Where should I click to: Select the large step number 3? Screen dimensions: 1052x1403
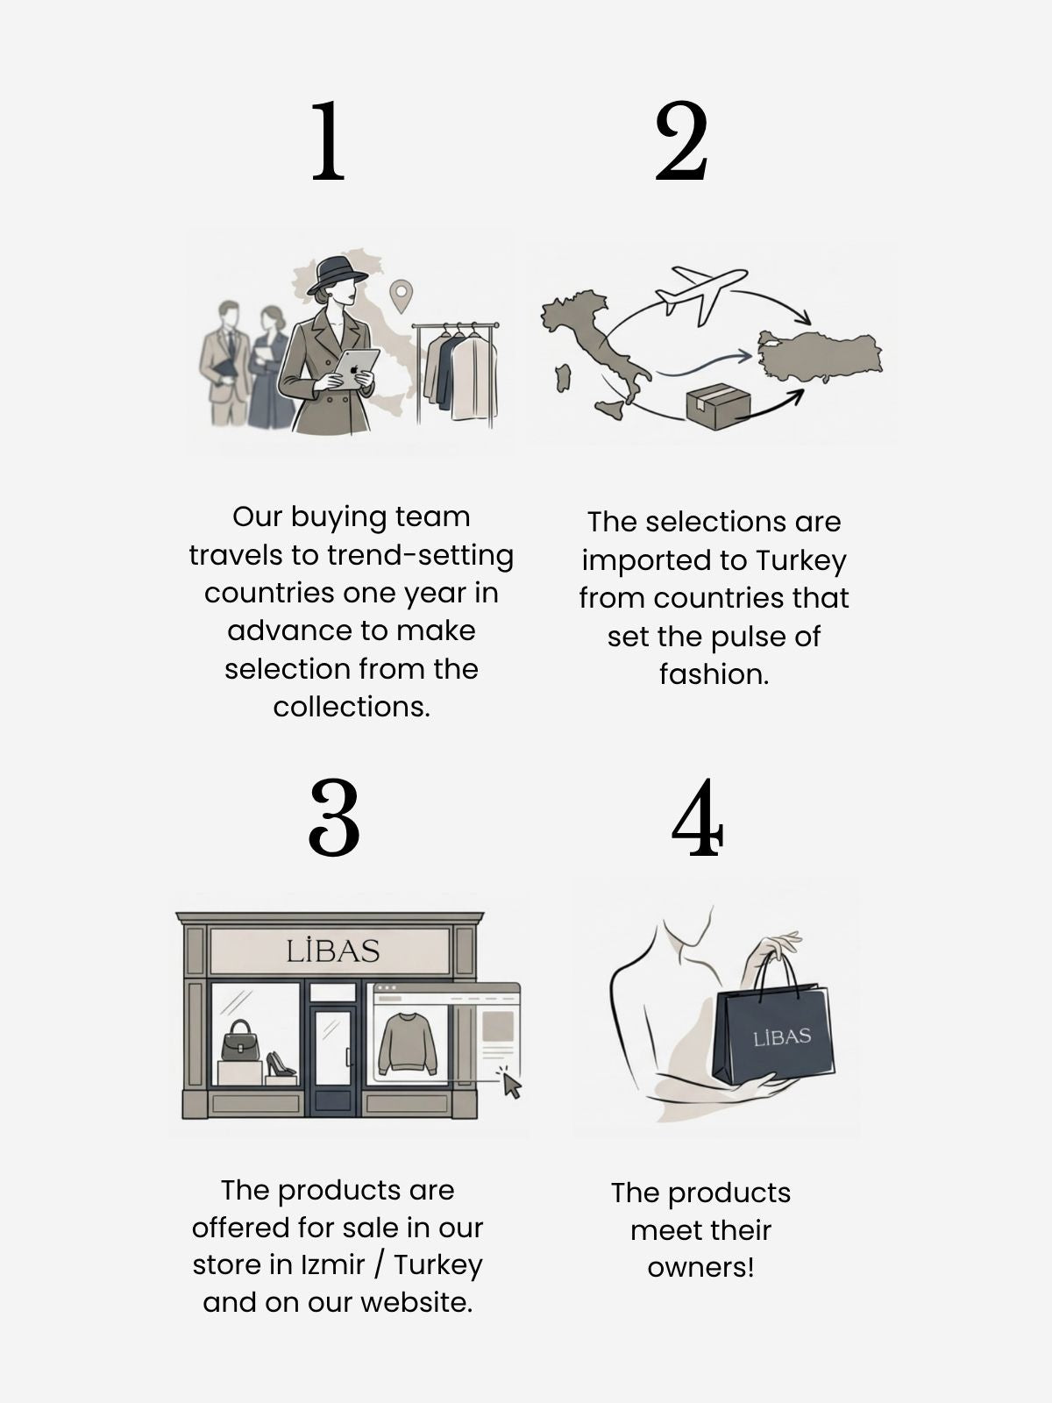pyautogui.click(x=334, y=817)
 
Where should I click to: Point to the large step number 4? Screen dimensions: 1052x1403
pyautogui.click(x=698, y=817)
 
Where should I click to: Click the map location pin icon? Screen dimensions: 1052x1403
pyautogui.click(x=402, y=296)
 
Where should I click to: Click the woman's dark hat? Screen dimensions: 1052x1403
pyautogui.click(x=337, y=274)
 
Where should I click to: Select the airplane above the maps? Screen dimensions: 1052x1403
pyautogui.click(x=701, y=294)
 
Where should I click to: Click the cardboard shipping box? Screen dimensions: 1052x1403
pyautogui.click(x=718, y=406)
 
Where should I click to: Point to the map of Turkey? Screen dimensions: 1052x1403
pyautogui.click(x=820, y=356)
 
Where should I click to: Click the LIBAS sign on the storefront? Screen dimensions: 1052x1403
pyautogui.click(x=333, y=951)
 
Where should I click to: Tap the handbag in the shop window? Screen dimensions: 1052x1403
pyautogui.click(x=240, y=1041)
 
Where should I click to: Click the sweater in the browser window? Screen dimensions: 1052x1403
pyautogui.click(x=408, y=1043)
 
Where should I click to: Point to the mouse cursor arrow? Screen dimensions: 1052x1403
pyautogui.click(x=511, y=1086)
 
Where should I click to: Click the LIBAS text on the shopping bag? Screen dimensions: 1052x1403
pyautogui.click(x=782, y=1036)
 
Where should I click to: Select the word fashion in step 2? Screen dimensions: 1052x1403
pyautogui.click(x=714, y=675)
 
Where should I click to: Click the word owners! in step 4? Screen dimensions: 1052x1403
pyautogui.click(x=700, y=1268)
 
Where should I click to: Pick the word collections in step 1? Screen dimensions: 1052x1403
pyautogui.click(x=352, y=707)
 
